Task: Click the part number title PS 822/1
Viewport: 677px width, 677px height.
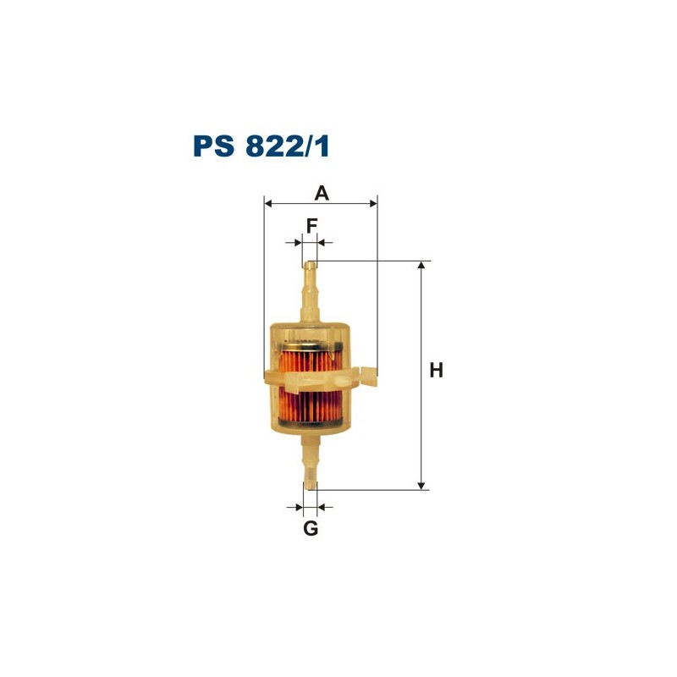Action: tap(261, 146)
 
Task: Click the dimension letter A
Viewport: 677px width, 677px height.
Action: tap(322, 193)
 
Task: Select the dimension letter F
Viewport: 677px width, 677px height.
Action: tap(311, 225)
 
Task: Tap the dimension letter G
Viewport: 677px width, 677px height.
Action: tap(311, 528)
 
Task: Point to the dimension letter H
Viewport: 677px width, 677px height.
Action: tap(436, 371)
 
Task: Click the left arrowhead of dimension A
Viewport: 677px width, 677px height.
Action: tap(268, 203)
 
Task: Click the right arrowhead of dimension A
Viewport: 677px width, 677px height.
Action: tap(373, 203)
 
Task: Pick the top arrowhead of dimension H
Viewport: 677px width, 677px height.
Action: tap(421, 266)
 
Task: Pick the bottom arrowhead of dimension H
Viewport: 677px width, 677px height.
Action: tap(421, 486)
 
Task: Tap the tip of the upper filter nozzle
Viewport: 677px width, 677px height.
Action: tap(311, 262)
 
